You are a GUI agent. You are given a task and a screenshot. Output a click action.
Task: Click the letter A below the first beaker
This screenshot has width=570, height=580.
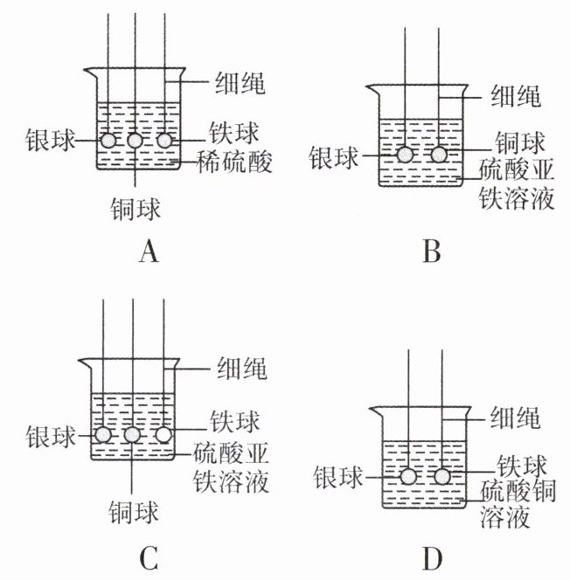point(149,252)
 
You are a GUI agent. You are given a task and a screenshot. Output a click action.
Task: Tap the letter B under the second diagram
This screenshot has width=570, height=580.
point(432,252)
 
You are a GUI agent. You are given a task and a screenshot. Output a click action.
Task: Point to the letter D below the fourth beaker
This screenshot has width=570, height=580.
point(432,559)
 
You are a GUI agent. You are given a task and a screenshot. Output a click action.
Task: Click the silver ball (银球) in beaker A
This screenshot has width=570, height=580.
point(108,141)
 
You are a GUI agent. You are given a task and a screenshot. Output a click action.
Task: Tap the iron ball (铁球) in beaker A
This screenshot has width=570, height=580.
point(164,141)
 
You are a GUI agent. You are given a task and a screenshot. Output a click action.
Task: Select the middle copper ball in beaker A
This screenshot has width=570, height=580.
point(135,141)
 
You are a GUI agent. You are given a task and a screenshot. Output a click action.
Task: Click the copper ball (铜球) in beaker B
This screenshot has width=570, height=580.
point(439,155)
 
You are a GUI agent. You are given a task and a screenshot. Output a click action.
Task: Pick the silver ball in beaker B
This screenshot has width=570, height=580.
point(405,155)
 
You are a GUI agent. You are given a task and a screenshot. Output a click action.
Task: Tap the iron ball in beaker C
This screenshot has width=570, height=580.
point(163,435)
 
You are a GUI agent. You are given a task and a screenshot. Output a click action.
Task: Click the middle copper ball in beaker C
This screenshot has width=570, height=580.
point(132,435)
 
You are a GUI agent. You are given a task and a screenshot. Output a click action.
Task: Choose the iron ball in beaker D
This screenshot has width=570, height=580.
point(442,477)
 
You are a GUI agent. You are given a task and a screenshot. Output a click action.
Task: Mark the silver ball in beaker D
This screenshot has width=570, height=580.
point(408,477)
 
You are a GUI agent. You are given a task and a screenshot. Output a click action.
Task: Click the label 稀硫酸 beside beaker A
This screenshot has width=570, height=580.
point(234,162)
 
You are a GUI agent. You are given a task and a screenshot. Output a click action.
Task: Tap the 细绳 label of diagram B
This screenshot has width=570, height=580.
point(516,96)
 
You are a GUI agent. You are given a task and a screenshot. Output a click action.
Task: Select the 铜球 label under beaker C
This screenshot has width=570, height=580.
point(133,512)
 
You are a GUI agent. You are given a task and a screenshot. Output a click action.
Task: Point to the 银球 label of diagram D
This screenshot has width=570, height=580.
point(337,477)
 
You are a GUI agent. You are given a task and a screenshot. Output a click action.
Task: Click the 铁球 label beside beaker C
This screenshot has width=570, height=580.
point(235,421)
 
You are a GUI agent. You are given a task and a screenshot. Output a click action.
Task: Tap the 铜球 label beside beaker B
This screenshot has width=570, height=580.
point(520,142)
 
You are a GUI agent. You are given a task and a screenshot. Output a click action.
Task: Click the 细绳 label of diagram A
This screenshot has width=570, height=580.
point(240,82)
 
